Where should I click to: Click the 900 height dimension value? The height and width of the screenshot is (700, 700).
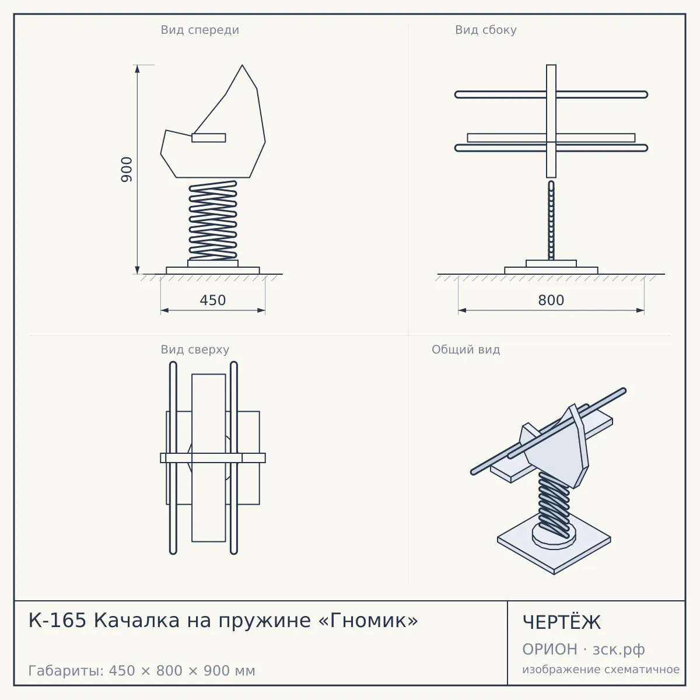127,170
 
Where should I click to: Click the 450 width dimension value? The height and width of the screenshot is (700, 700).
213,300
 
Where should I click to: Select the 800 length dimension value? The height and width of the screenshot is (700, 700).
551,300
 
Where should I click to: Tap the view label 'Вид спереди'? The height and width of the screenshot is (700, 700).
200,30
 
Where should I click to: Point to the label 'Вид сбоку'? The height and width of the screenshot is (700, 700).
486,30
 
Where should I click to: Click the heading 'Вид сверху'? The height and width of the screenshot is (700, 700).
195,349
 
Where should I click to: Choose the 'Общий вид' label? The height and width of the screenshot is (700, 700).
466,349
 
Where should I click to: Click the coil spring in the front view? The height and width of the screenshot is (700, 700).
213,220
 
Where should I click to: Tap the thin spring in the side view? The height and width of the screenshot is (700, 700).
551,220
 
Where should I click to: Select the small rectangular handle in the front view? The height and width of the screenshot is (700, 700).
208,138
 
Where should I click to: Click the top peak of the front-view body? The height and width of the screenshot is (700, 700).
242,65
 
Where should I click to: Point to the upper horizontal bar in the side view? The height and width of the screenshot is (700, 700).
551,94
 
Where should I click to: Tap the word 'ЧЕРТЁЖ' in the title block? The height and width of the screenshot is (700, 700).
562,622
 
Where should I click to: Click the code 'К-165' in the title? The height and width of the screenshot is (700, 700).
57,621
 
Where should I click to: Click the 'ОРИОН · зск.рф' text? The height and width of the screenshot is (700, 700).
583,649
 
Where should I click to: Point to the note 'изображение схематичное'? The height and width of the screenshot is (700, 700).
601,669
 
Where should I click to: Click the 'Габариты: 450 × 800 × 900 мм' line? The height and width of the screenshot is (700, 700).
142,671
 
